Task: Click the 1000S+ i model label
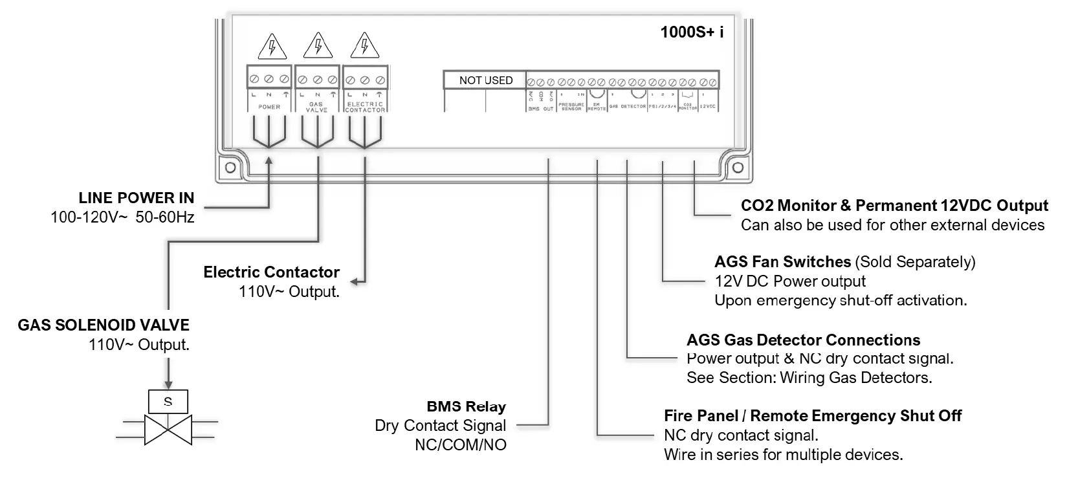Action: (x=691, y=32)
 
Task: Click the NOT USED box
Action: (x=485, y=80)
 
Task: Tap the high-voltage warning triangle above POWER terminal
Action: (x=272, y=47)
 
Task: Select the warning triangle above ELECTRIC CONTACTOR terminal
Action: (x=364, y=47)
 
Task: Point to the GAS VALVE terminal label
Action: (x=316, y=107)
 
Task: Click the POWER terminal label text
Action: (x=269, y=107)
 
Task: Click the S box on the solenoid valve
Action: (x=168, y=402)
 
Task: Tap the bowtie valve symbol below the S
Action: (x=168, y=430)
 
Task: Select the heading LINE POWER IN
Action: (x=137, y=198)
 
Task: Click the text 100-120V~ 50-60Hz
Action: (x=122, y=217)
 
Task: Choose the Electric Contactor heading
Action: (x=271, y=272)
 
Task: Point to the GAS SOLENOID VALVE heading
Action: (x=104, y=325)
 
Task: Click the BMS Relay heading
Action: (x=466, y=407)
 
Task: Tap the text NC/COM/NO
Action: (x=460, y=445)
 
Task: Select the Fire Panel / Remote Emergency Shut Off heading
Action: (x=812, y=416)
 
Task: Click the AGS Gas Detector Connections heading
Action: (x=803, y=340)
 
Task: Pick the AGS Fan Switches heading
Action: (x=782, y=262)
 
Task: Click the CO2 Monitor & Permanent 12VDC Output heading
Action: (x=894, y=206)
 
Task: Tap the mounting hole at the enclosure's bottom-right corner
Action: (x=737, y=168)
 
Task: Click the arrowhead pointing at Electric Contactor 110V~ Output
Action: (x=355, y=281)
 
